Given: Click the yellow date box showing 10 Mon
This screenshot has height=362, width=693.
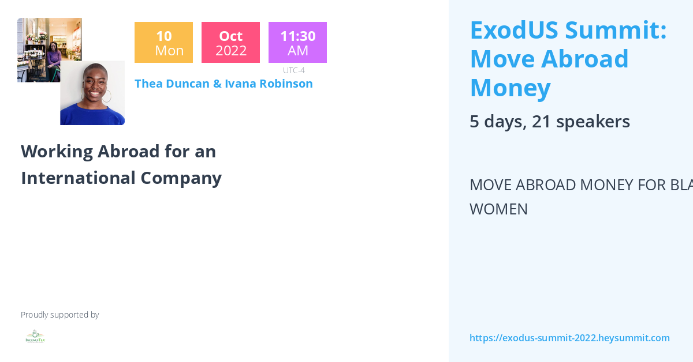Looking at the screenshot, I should [x=163, y=43].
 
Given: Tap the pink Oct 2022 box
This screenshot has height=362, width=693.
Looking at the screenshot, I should [x=230, y=43].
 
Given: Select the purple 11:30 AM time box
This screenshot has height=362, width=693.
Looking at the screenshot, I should [x=297, y=43].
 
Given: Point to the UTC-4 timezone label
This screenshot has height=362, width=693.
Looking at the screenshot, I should [x=294, y=70].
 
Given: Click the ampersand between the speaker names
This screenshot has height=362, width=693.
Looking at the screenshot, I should [x=217, y=84].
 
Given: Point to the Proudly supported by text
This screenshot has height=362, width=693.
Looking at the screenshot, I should [x=59, y=315].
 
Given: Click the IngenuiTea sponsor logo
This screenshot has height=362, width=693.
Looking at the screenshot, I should [x=35, y=337].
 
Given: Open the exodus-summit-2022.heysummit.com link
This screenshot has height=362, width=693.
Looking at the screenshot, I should [x=569, y=338].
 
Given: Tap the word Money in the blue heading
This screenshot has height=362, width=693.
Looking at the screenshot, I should [x=510, y=88].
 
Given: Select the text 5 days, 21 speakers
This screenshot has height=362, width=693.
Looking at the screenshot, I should [x=549, y=122].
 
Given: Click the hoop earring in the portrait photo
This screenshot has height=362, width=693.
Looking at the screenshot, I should [x=107, y=96].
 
